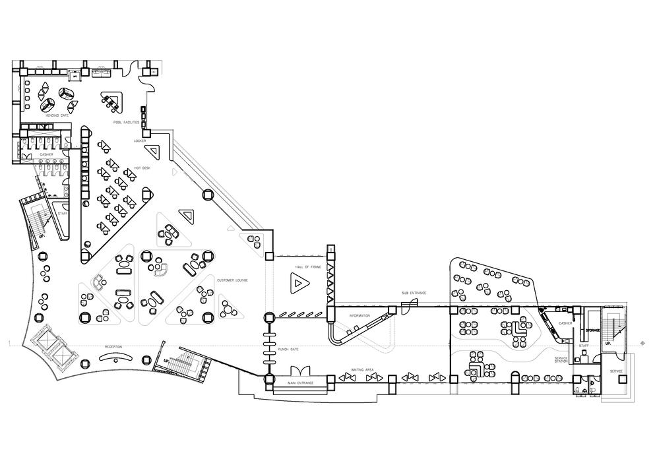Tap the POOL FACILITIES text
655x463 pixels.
(125, 122)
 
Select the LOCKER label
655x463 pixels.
(140, 140)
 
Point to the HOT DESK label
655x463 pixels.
(142, 168)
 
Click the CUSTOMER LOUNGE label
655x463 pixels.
(232, 280)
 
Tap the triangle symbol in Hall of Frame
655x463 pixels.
(299, 284)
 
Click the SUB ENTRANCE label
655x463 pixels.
(414, 292)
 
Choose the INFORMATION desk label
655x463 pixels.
(359, 316)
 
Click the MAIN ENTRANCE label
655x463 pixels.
(300, 383)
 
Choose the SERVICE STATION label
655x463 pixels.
(561, 359)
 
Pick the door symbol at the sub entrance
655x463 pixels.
(406, 304)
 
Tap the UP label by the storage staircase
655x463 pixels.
(609, 343)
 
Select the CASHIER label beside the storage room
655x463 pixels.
(565, 323)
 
